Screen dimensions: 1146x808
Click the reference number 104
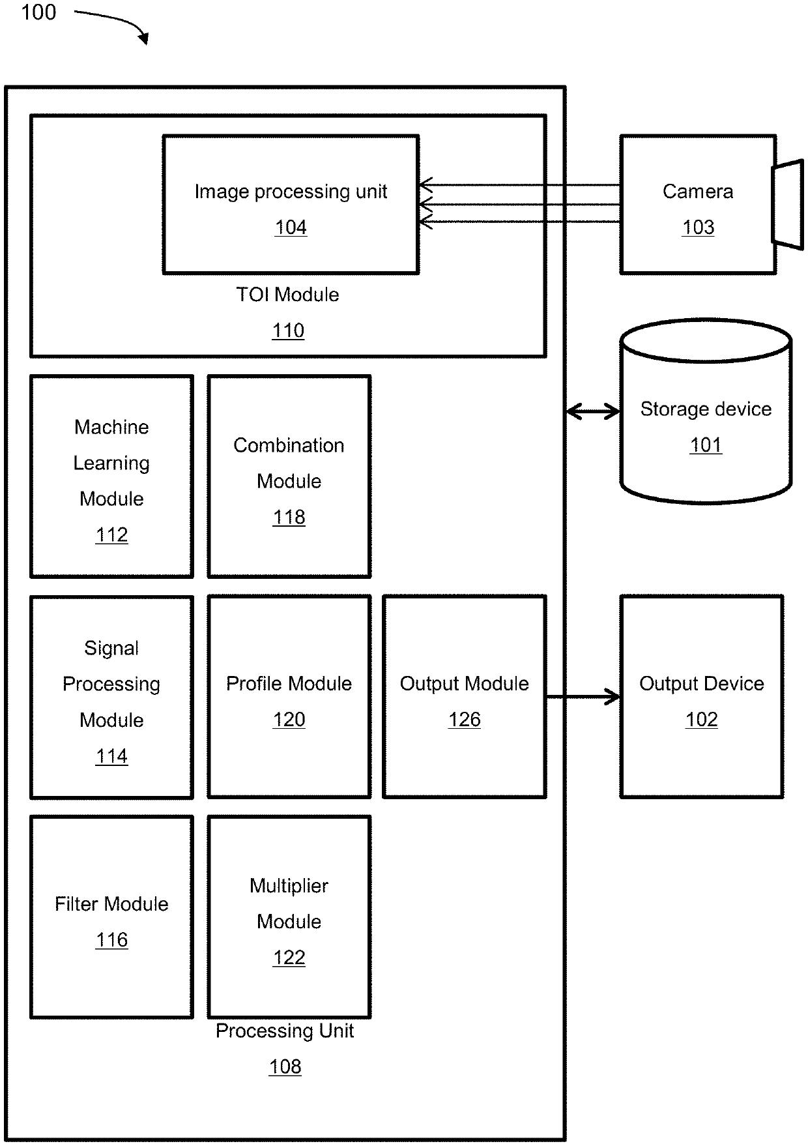(291, 228)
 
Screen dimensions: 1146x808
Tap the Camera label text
(697, 191)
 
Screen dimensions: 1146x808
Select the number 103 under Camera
(698, 228)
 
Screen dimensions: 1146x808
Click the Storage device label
(706, 409)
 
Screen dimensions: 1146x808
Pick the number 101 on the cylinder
(706, 445)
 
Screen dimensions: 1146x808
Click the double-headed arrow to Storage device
(593, 411)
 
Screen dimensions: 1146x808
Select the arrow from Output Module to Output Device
(583, 697)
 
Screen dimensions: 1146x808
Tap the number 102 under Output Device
(701, 720)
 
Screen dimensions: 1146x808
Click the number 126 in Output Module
(464, 720)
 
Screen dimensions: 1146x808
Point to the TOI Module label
(287, 295)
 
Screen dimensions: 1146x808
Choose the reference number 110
(288, 331)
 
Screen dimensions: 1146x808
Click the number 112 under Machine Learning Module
(111, 535)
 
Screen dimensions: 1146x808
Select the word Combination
(289, 445)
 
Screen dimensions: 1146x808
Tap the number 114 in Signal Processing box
(111, 756)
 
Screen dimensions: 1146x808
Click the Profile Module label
(289, 683)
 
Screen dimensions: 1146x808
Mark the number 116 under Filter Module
(111, 940)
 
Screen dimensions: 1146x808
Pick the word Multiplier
(289, 886)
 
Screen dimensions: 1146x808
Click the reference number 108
(285, 1067)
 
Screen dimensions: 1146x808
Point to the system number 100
(38, 12)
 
